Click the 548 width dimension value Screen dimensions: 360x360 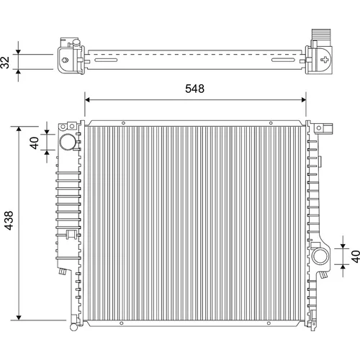pos(194,89)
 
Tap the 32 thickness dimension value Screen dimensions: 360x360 pos(5,62)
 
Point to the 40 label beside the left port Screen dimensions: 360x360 pos(35,143)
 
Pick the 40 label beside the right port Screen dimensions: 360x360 pos(356,256)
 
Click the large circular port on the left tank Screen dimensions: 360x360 pos(68,142)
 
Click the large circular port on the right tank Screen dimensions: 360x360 pos(320,256)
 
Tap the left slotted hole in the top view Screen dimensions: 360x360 pos(106,60)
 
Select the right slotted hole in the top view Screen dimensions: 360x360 pos(283,60)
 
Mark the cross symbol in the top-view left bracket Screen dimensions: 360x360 pos(65,60)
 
